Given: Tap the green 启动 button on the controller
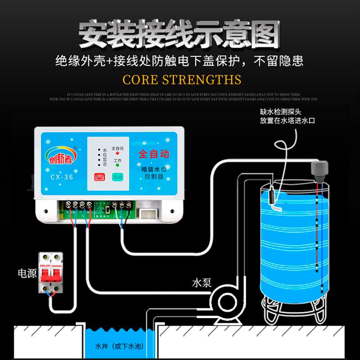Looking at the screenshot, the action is (x=117, y=177).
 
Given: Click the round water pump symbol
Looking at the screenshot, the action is (x=222, y=301).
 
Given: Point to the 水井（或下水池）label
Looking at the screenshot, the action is (x=116, y=347).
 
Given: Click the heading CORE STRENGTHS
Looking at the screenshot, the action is (x=182, y=80).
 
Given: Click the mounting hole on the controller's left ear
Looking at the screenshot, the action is (x=45, y=209).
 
